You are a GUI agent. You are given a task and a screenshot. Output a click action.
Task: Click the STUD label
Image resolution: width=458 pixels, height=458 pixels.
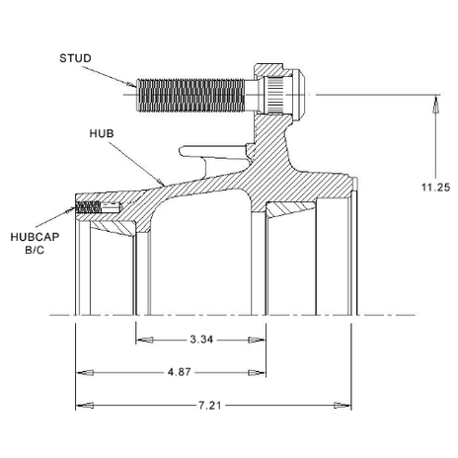(75, 58)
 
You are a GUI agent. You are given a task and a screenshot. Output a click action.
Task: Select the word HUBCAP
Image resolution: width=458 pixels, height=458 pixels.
(35, 237)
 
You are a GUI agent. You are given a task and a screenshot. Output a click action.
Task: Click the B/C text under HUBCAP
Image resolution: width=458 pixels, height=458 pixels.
(35, 250)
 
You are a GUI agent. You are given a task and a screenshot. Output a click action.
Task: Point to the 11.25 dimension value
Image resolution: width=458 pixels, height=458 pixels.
(435, 188)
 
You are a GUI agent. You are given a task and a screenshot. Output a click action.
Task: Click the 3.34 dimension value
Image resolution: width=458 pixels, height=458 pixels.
(201, 340)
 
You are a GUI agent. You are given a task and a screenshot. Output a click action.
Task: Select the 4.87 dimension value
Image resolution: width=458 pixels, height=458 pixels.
(179, 372)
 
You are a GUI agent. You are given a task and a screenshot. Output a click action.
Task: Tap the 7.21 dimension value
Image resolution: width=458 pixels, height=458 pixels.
(210, 406)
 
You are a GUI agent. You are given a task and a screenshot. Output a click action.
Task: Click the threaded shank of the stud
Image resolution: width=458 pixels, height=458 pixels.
(191, 96)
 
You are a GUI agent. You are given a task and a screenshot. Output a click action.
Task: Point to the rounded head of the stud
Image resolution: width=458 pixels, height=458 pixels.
(298, 95)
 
